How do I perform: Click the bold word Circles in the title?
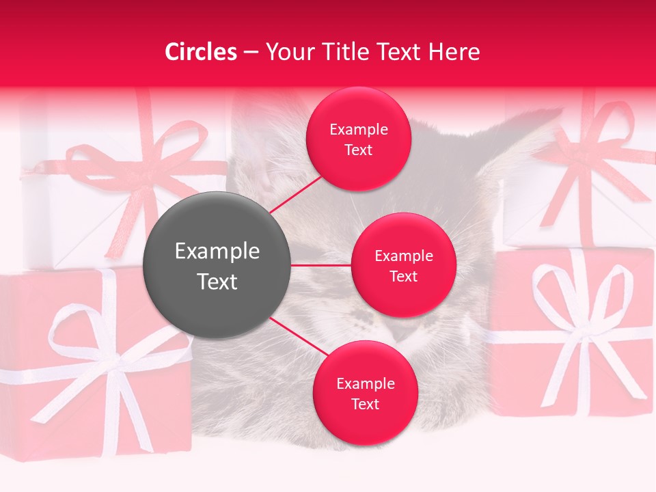200,52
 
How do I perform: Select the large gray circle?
217,265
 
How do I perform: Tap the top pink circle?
358,139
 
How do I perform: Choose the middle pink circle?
403,265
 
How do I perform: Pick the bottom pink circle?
365,393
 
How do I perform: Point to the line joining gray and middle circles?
321,265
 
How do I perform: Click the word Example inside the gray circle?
217,251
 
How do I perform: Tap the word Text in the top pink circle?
358,150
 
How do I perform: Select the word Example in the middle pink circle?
403,256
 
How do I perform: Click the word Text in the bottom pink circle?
365,404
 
